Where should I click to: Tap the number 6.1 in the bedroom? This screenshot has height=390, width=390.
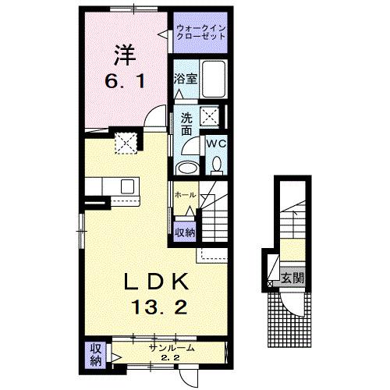(x=126, y=81)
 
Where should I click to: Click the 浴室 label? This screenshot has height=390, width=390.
(x=184, y=79)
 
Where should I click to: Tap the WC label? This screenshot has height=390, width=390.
(x=213, y=144)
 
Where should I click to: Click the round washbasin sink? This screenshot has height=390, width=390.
(x=187, y=167)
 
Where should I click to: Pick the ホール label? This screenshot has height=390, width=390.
(x=184, y=195)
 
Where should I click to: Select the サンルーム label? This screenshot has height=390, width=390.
(x=171, y=348)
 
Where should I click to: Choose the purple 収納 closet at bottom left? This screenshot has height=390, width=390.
(x=96, y=354)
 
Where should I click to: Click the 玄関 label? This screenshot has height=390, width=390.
(x=292, y=278)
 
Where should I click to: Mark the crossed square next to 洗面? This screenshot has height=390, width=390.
(x=208, y=118)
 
